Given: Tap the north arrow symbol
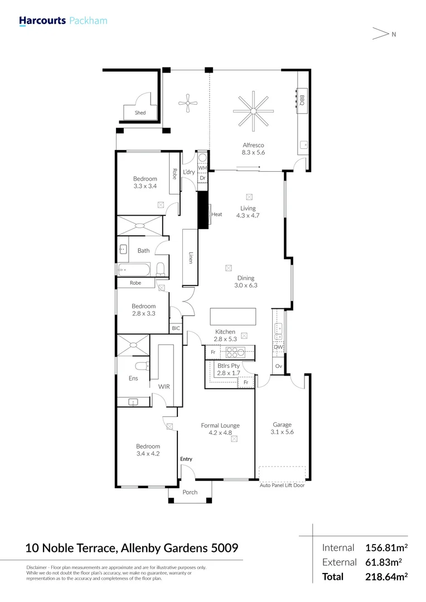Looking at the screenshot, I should pos(380,34).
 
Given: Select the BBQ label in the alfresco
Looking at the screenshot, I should pos(302,100).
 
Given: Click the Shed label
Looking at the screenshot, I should pos(140,113).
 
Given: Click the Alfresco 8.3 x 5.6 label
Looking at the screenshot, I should pos(253,149).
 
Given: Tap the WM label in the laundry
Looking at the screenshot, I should pos(202,167).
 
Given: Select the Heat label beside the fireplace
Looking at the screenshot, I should pos(217,214).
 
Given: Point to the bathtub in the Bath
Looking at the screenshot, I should pos(134,270).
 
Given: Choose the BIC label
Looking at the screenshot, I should pos(176,328).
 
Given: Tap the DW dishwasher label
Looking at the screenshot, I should pos(278,347).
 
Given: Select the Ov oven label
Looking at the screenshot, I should pos(278,366).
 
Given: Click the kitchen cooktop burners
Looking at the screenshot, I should pos(234,352).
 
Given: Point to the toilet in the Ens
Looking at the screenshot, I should pos(143,366).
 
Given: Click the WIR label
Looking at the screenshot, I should pos(164,386).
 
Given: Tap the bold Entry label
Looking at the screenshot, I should pos(186,459).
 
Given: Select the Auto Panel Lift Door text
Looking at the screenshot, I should pos(282,486).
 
